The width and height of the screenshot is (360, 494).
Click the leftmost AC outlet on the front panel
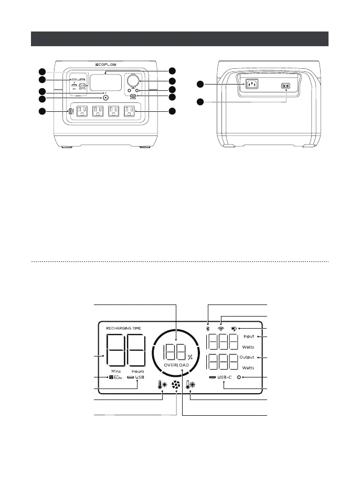[81, 111]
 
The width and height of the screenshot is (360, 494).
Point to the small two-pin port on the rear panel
[286, 86]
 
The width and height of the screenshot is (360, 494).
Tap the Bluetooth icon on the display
[208, 329]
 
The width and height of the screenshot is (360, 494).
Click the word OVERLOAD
[176, 364]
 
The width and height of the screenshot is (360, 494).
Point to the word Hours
[138, 371]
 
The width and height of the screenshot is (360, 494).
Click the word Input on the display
[249, 337]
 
